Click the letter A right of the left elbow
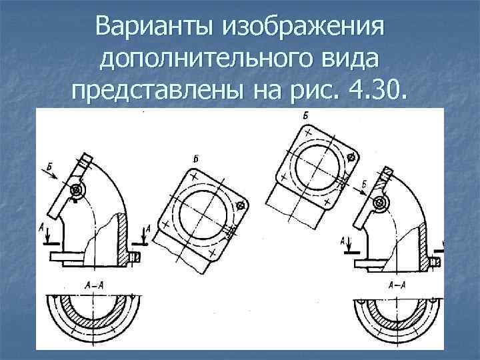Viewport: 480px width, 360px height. pyautogui.click(x=148, y=229)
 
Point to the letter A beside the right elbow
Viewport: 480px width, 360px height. pyautogui.click(x=343, y=240)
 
